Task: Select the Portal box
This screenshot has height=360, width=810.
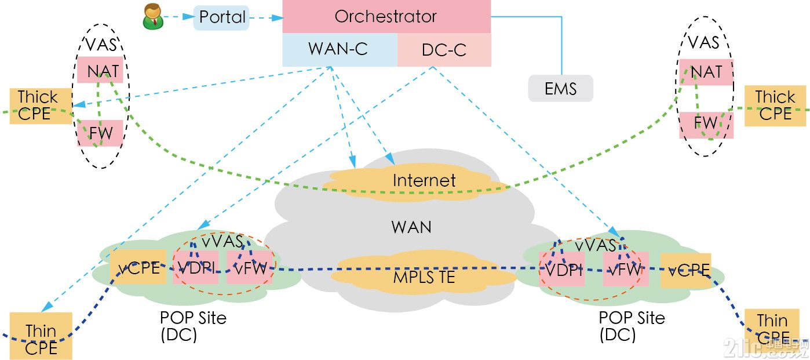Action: coord(221,17)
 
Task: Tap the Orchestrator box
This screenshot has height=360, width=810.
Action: coord(386,16)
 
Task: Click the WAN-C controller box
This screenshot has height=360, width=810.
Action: coord(339,49)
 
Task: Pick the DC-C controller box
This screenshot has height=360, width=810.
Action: coord(444,49)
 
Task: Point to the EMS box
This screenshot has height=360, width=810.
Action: coord(560,88)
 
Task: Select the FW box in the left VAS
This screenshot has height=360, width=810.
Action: coord(101,133)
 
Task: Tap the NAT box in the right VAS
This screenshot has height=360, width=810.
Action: coord(706,72)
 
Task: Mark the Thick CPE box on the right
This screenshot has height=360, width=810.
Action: coord(775,106)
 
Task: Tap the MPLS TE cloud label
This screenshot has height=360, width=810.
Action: coord(424,277)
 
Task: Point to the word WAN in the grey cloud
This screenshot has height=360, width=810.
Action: coord(411,227)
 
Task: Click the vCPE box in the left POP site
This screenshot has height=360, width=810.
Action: coord(138,267)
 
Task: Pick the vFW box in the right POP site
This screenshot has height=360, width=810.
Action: coord(625,269)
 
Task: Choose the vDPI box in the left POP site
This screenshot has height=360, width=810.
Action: coord(196,267)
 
